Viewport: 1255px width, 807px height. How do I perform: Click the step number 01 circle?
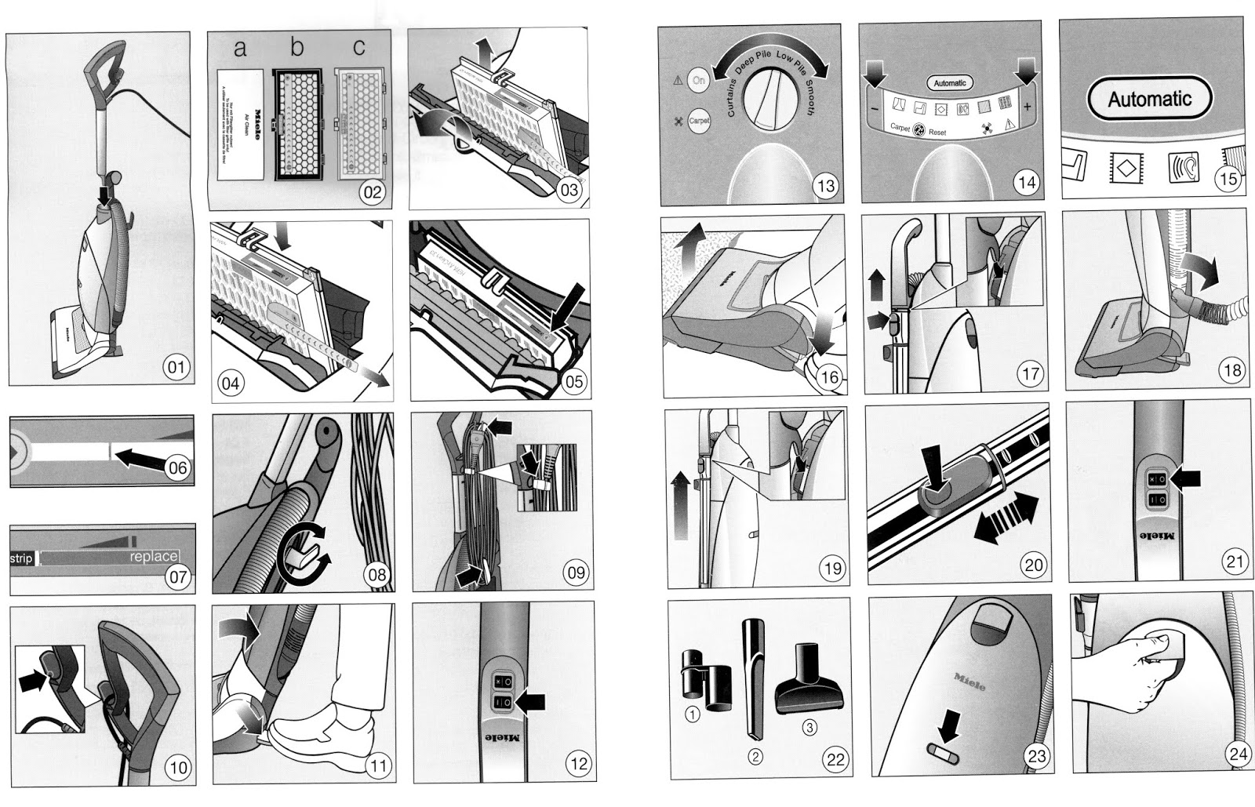pyautogui.click(x=176, y=367)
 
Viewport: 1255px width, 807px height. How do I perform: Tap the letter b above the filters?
pyautogui.click(x=296, y=48)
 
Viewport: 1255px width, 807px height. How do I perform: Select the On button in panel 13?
pyautogui.click(x=698, y=80)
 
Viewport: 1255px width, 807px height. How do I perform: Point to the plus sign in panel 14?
pyautogui.click(x=1027, y=107)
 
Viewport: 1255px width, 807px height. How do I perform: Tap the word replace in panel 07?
pyautogui.click(x=154, y=557)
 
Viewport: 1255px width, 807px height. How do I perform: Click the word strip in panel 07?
pyautogui.click(x=21, y=558)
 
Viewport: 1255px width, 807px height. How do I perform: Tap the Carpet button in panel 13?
pyautogui.click(x=698, y=121)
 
